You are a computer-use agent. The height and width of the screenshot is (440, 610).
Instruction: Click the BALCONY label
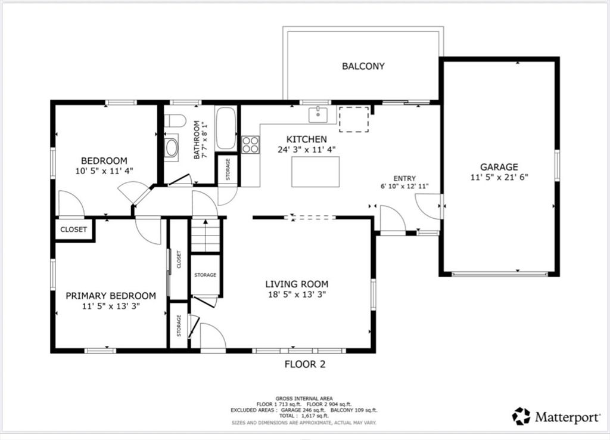[363, 66]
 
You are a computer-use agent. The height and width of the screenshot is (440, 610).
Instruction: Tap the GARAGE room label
[499, 167]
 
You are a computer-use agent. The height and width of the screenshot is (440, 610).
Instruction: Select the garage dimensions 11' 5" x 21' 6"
[499, 177]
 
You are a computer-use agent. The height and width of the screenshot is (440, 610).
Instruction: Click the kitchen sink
[318, 114]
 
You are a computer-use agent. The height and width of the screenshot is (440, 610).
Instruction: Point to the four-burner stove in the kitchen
[251, 144]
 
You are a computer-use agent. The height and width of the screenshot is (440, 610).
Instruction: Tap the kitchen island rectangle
[316, 172]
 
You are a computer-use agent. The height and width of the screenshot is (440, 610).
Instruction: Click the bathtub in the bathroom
[226, 128]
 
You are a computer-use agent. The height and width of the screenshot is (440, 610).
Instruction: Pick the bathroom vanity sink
[171, 148]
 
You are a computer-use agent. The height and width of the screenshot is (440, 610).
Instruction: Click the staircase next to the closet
[206, 236]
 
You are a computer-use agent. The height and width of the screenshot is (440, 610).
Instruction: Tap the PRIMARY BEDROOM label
[111, 296]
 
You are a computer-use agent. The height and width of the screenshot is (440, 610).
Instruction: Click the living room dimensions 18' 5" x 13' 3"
[297, 295]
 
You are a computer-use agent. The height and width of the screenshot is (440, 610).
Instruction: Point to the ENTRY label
[404, 178]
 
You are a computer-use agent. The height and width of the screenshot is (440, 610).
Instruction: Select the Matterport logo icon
[521, 416]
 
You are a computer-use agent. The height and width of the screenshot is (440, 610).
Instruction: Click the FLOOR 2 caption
[305, 364]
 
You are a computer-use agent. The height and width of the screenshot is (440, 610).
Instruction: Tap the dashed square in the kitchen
[354, 119]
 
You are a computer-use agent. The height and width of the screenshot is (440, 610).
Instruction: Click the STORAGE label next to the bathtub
[228, 169]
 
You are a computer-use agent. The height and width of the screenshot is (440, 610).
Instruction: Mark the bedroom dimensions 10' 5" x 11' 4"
[104, 171]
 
